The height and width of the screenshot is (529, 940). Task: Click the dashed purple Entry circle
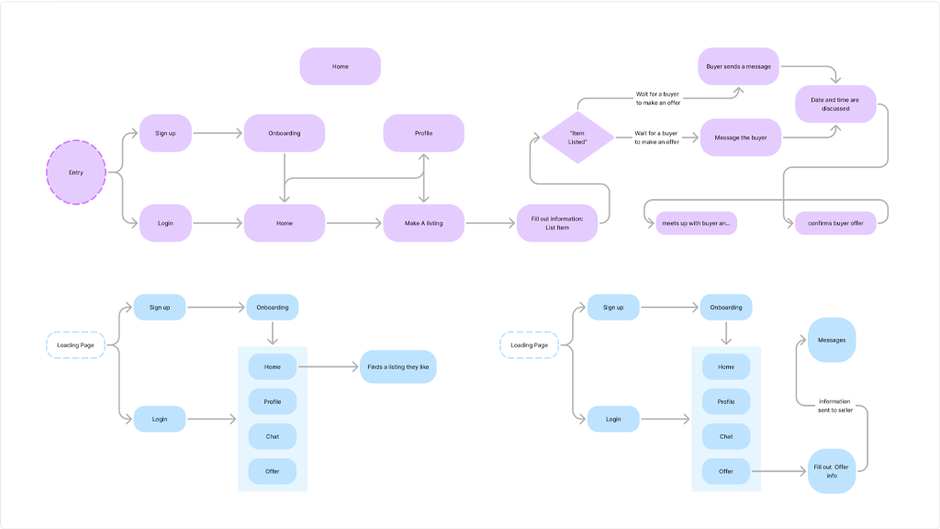tap(76, 172)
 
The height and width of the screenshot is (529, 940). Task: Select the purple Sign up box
tap(165, 133)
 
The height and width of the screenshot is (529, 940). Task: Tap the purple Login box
tap(165, 223)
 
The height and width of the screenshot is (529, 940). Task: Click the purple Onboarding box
tap(284, 133)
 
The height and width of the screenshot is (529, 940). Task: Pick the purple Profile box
tap(423, 133)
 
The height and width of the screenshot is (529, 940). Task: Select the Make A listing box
tap(423, 223)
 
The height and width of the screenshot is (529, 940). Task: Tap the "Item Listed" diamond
tap(577, 138)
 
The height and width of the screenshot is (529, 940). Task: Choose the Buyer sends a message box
tap(739, 66)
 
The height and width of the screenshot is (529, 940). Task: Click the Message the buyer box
tap(740, 138)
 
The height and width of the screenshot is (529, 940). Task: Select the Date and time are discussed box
tap(835, 104)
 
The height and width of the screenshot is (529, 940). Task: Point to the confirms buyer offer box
tap(835, 223)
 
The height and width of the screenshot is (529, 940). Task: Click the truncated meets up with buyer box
tap(696, 223)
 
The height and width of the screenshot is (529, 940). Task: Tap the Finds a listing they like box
tap(398, 366)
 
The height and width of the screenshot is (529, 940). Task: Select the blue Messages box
tap(832, 340)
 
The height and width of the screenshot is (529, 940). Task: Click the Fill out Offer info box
tap(832, 471)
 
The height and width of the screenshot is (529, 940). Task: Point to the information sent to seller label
tap(834, 405)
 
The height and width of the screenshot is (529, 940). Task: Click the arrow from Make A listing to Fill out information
tap(490, 223)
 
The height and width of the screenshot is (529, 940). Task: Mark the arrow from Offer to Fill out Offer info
tap(780, 472)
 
